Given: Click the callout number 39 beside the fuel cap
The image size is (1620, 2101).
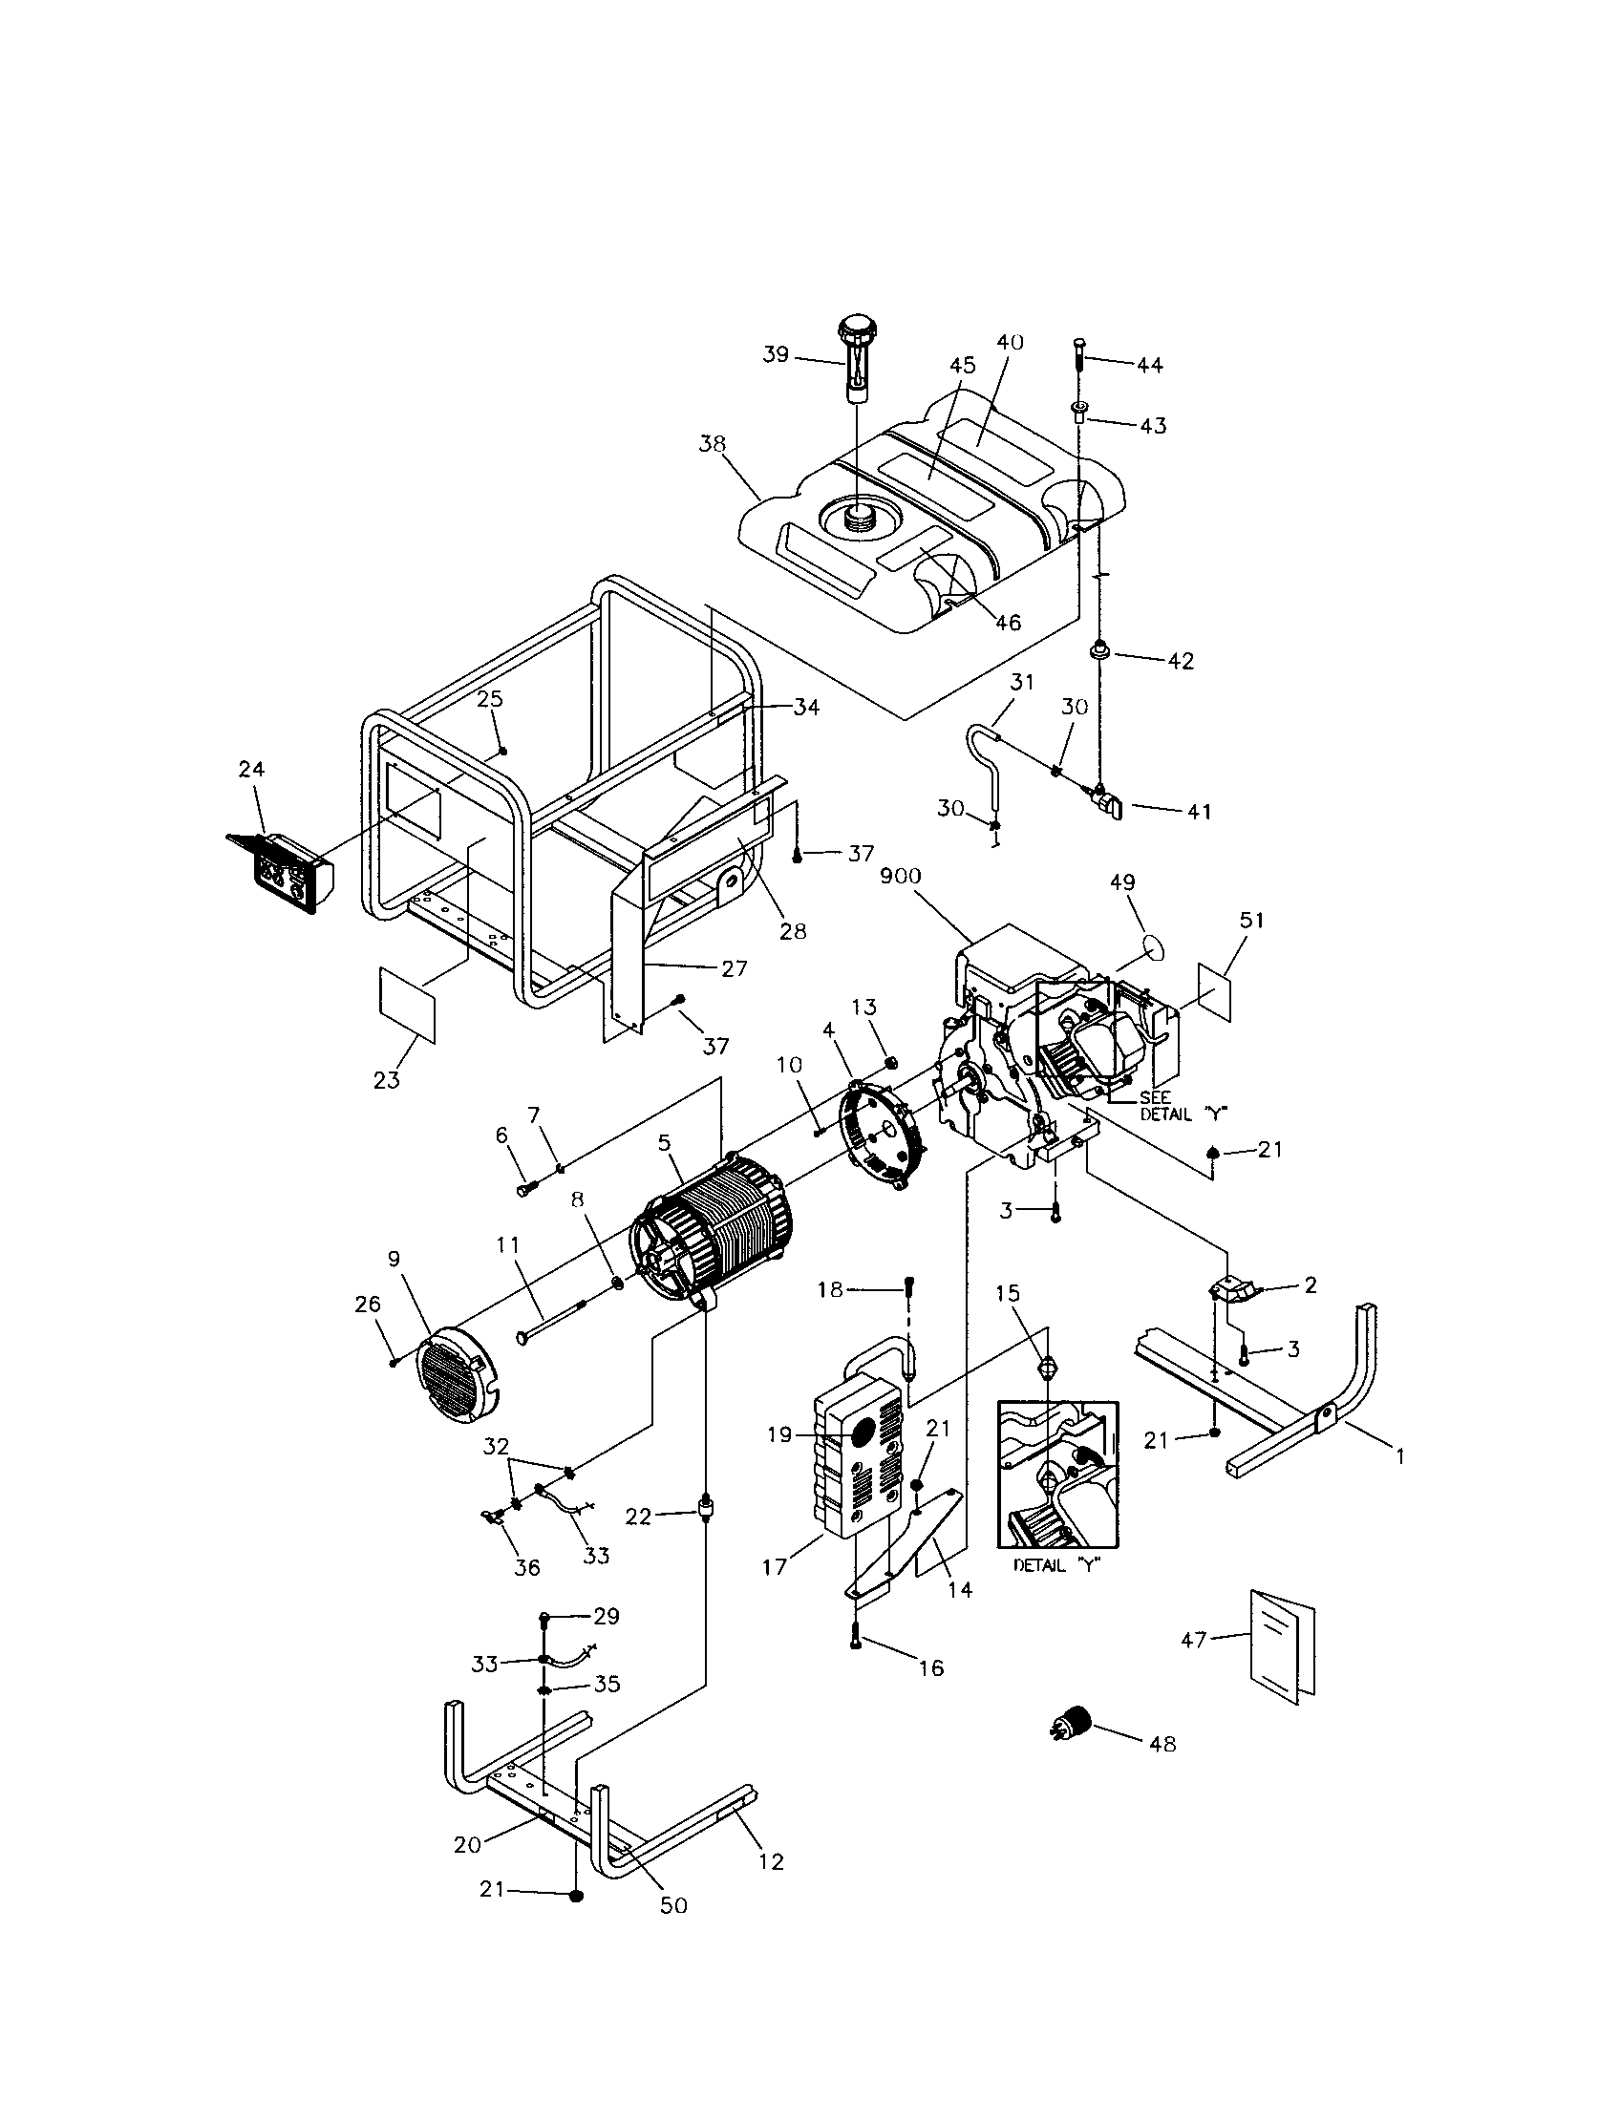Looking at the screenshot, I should tap(776, 355).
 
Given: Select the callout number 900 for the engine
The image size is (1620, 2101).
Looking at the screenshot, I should tap(900, 877).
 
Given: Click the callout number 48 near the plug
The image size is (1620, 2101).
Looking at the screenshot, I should tap(1162, 1744).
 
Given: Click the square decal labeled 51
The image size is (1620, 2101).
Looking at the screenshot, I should tap(1215, 992).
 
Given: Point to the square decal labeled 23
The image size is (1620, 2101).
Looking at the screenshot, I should tap(407, 1007).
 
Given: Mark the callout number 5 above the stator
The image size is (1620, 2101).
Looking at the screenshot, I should tap(664, 1143).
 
